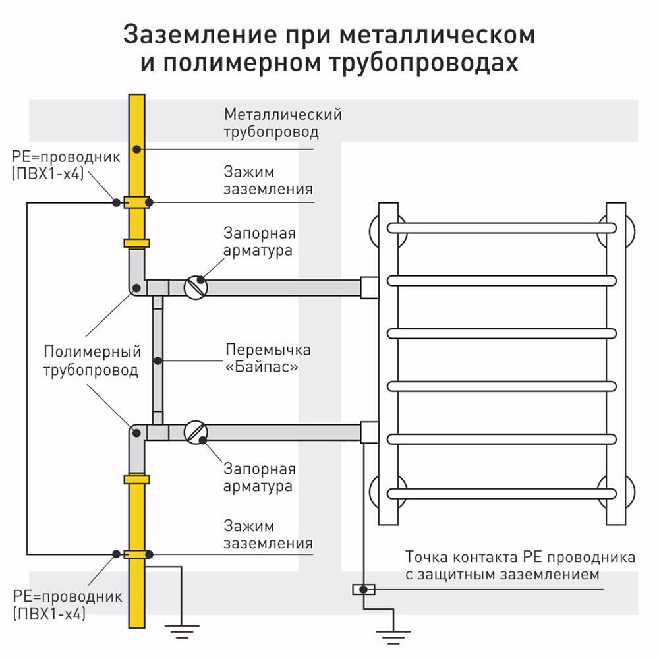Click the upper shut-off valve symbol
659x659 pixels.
(196, 287)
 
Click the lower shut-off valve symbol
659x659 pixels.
(196, 432)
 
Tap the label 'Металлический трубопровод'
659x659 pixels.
(282, 123)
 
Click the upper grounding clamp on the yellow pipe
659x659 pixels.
(137, 202)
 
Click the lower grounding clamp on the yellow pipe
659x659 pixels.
(137, 554)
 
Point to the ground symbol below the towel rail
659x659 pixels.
(393, 634)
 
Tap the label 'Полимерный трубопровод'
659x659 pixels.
(92, 360)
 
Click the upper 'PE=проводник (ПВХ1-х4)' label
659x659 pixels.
(66, 166)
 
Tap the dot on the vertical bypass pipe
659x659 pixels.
(158, 360)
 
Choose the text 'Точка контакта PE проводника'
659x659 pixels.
(520, 558)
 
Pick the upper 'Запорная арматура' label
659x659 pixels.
(259, 242)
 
